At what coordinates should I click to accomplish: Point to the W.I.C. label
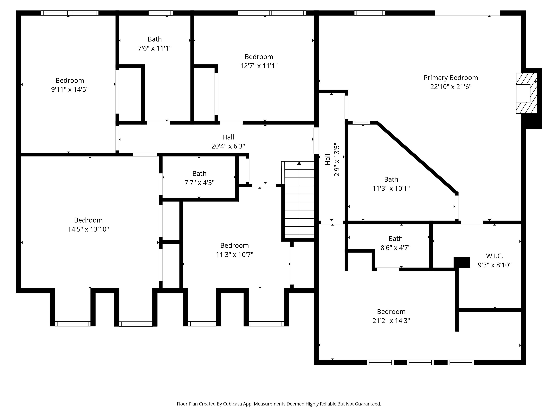pos(494,256)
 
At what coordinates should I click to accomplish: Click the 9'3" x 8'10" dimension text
pos(494,265)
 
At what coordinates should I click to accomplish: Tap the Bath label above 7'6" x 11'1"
pos(155,39)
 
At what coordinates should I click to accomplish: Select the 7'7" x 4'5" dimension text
pos(199,183)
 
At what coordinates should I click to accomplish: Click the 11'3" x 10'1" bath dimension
pos(391,189)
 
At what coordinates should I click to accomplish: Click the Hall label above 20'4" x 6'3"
pos(228,137)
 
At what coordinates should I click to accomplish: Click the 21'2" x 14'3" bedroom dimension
pos(391,321)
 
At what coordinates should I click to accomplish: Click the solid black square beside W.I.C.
pos(462,262)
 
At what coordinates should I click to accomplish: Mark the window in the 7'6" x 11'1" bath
pos(161,13)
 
